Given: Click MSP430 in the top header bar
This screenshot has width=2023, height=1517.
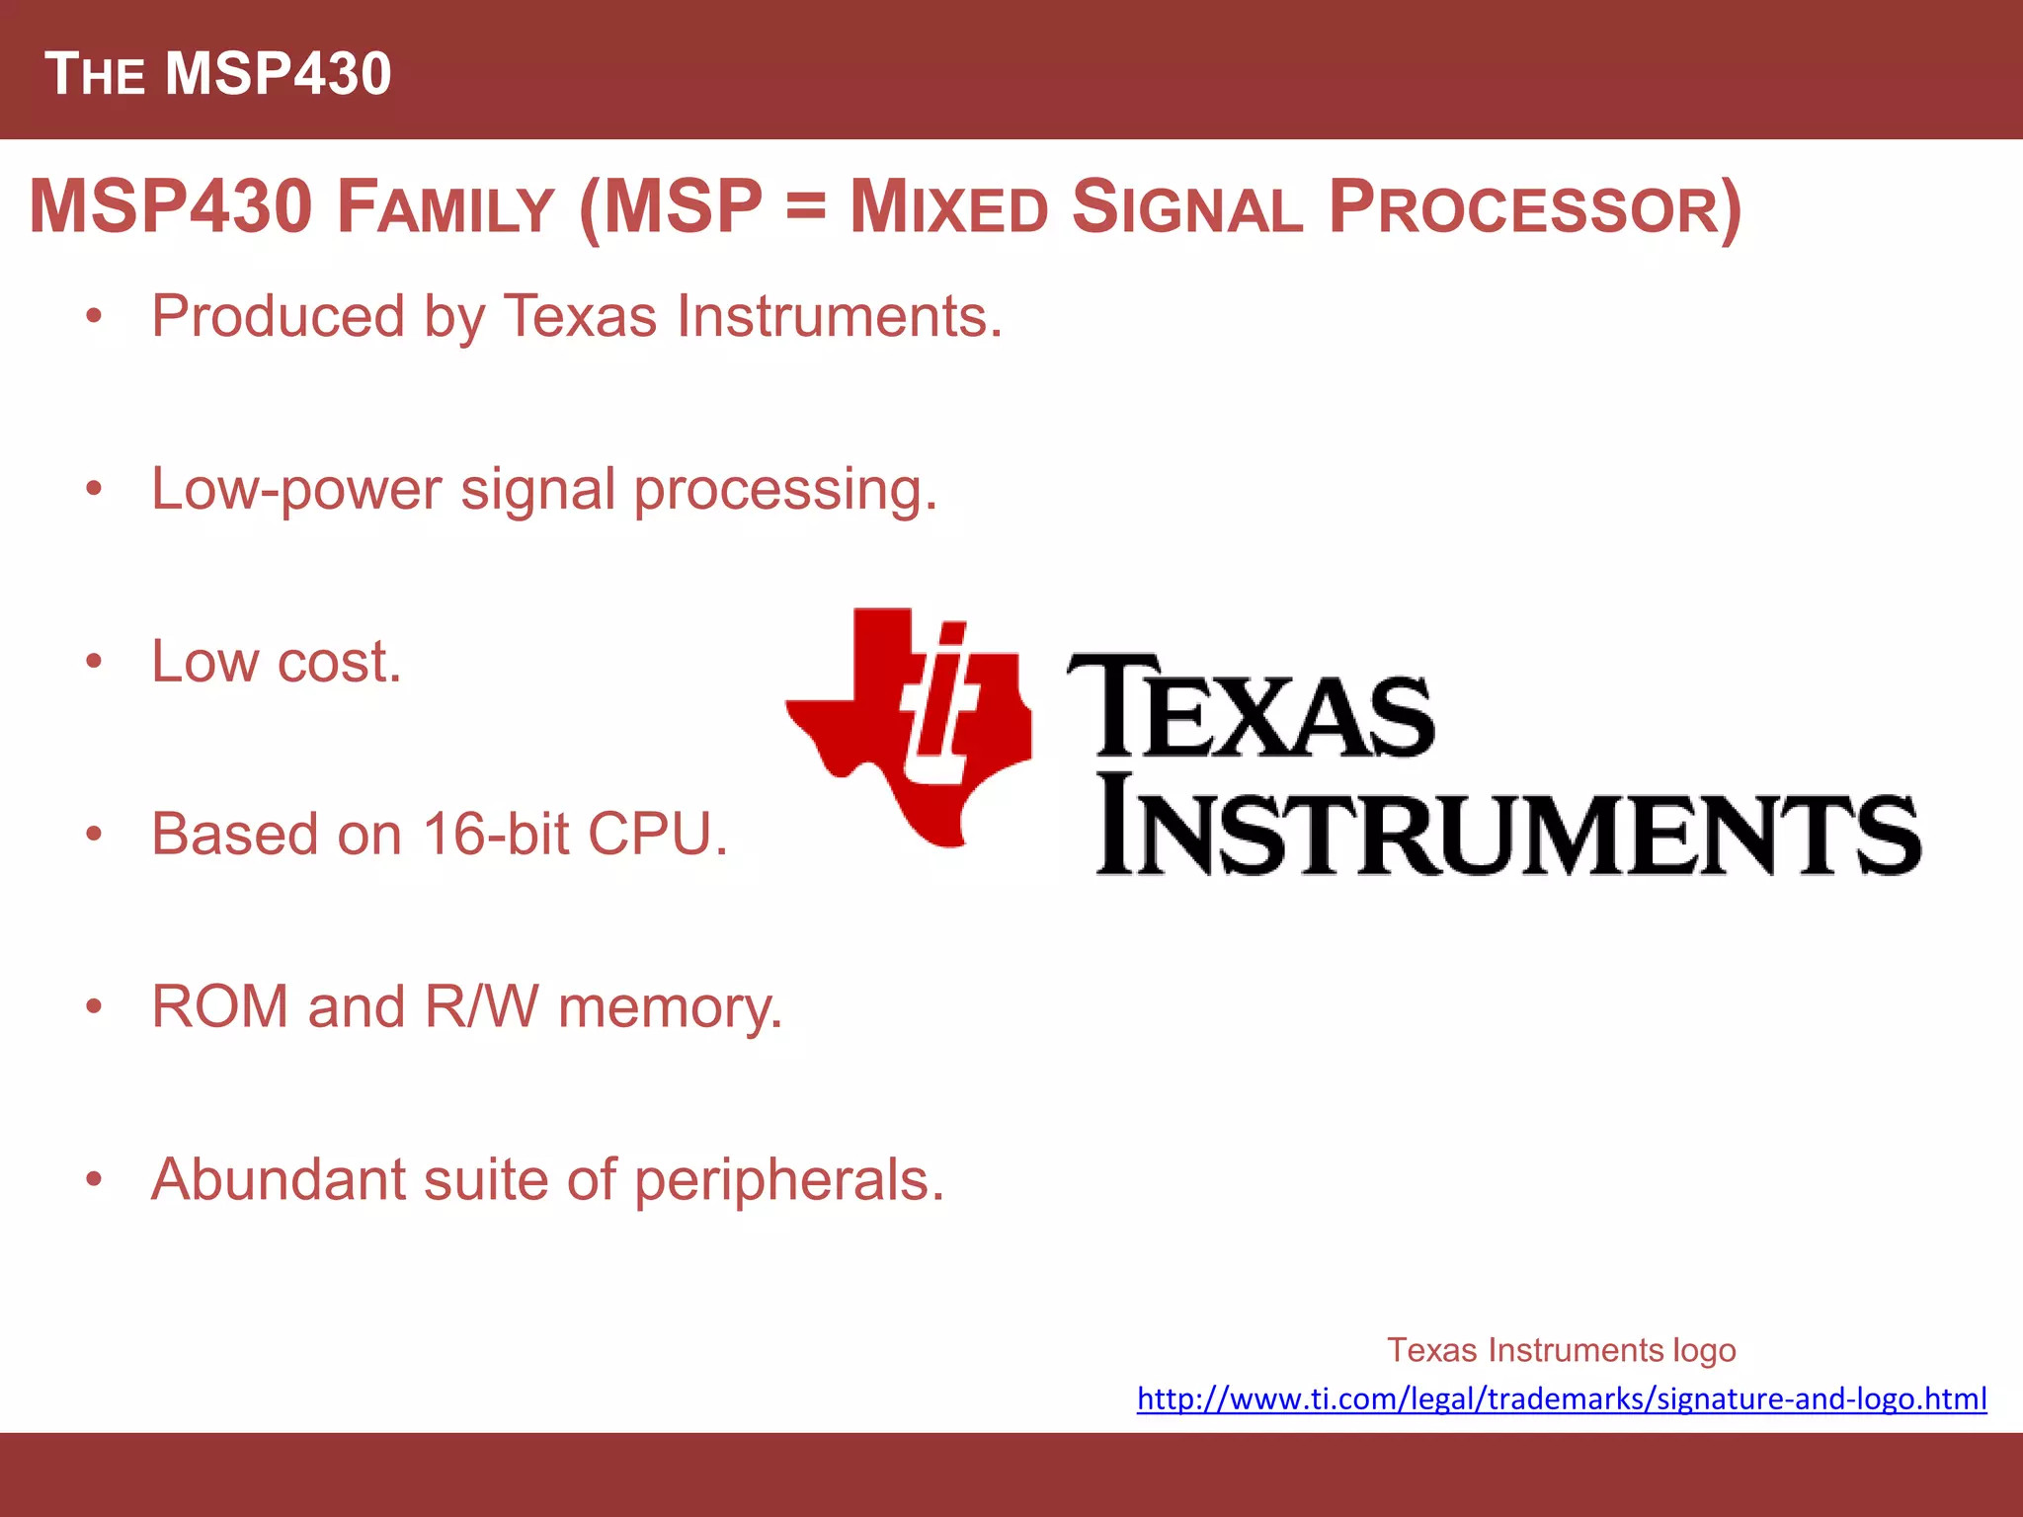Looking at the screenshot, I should pyautogui.click(x=278, y=74).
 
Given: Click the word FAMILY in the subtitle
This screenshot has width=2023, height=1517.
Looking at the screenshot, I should pyautogui.click(x=445, y=208).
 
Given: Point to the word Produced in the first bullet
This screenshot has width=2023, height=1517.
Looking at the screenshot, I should pyautogui.click(x=278, y=317).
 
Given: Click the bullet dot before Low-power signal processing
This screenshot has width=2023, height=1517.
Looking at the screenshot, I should pyautogui.click(x=94, y=489).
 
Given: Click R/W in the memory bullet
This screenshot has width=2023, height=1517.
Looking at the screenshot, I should pyautogui.click(x=482, y=1007).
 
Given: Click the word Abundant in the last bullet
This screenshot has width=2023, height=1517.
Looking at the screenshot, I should pyautogui.click(x=278, y=1179).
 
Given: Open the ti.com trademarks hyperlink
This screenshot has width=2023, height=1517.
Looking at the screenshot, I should pyautogui.click(x=1561, y=1399).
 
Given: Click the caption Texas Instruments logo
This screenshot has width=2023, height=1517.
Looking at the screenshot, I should pyautogui.click(x=1561, y=1350).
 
